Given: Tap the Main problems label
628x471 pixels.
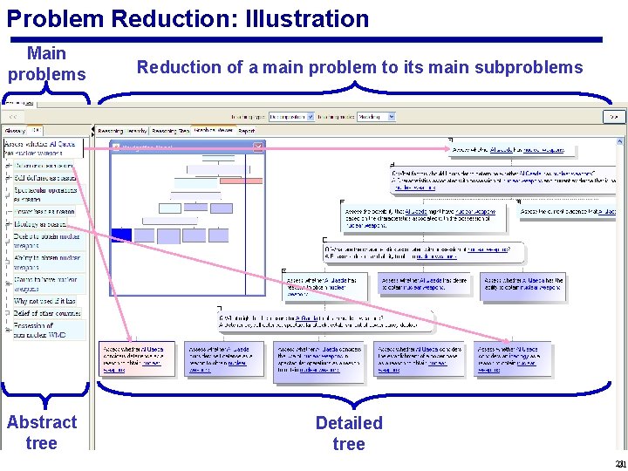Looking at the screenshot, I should tap(47, 64).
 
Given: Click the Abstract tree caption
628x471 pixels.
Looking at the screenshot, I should tap(42, 432).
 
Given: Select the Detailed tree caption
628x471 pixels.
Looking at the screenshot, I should tap(349, 433).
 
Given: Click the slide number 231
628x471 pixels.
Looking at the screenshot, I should tap(618, 463).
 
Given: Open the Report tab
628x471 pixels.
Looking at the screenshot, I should tap(247, 131).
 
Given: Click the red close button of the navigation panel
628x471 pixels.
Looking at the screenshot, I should tap(257, 147).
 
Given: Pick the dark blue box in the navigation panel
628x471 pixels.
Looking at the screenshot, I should tap(120, 235).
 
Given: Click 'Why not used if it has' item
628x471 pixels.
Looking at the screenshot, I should tap(45, 302).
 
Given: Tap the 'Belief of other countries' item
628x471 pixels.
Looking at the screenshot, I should tap(45, 313).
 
